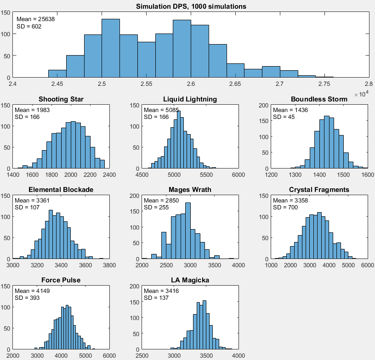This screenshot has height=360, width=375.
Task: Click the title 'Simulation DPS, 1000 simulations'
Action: click(191, 6)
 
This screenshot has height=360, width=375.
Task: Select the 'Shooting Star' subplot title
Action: click(61, 99)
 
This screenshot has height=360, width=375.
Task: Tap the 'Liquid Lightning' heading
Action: click(190, 99)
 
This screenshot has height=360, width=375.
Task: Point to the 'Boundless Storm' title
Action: click(319, 99)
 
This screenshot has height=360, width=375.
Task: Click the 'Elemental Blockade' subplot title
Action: click(61, 190)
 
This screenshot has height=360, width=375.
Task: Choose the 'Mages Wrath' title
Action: click(190, 190)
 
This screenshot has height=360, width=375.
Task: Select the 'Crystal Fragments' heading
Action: click(319, 190)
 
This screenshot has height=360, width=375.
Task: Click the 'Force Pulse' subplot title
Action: click(61, 280)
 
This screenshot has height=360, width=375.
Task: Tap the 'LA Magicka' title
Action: click(190, 280)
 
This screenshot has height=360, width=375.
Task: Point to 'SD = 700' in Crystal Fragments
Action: click(285, 208)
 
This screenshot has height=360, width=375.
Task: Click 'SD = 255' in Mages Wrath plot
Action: click(156, 208)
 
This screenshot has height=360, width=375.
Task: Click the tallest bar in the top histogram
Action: click(111, 48)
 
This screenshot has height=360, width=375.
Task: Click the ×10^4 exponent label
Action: click(362, 94)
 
